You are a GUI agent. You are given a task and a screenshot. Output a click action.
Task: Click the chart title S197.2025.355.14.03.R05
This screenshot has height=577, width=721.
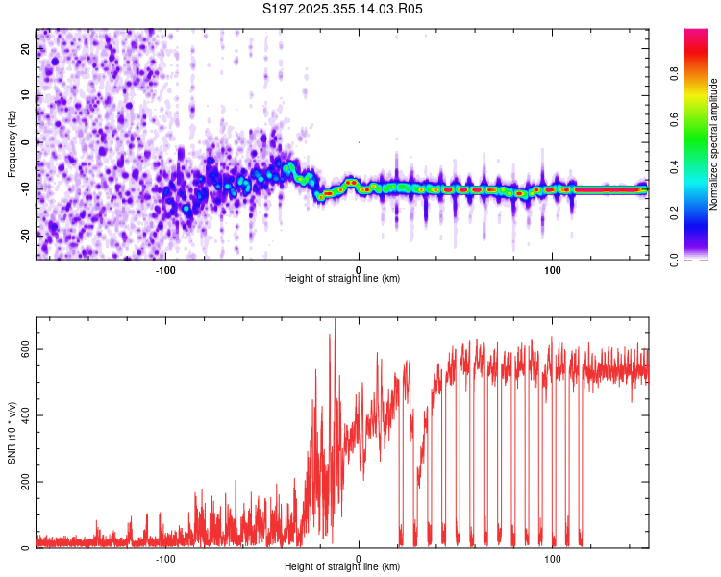tap(342, 9)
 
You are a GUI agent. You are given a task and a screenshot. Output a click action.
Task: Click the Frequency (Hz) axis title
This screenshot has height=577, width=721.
tap(12, 144)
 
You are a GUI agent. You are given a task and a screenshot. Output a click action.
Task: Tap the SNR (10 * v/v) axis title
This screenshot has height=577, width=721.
tap(12, 433)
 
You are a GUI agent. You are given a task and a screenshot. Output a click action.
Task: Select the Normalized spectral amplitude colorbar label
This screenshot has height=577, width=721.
tap(713, 144)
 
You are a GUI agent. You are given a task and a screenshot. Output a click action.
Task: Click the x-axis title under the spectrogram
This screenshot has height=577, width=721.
tap(342, 278)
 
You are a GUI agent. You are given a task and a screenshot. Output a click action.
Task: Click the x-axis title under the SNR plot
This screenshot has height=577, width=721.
tap(342, 566)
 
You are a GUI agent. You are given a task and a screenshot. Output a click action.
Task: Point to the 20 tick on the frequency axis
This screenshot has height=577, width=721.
tap(25, 48)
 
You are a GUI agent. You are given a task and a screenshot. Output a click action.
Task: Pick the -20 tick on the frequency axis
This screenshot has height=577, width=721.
tap(25, 237)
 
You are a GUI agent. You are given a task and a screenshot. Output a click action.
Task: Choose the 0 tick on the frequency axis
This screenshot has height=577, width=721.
tap(25, 142)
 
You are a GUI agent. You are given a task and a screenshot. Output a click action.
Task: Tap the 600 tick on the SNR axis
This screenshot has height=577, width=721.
tap(25, 349)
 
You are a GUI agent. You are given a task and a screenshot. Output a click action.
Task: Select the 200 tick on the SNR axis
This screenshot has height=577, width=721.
tap(25, 482)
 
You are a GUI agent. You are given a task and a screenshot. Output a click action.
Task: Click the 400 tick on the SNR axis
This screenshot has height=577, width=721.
tap(25, 415)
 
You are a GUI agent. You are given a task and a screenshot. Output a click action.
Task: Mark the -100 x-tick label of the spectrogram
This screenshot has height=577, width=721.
tap(165, 270)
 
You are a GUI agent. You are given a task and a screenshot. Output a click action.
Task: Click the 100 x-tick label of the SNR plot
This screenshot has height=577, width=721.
tap(552, 559)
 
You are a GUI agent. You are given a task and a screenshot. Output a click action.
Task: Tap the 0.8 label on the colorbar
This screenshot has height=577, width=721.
tap(674, 73)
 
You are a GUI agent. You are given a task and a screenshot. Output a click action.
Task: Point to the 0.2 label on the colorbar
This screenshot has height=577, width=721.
tap(674, 213)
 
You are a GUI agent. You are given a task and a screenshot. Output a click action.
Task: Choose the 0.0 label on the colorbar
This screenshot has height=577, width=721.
tap(674, 260)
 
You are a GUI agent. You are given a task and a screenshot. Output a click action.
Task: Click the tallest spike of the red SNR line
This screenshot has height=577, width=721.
tap(335, 319)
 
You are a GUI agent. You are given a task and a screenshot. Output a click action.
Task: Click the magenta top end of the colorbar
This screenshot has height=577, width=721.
tap(696, 31)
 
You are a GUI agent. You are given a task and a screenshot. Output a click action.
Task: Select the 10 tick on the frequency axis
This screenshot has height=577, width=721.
tap(25, 95)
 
